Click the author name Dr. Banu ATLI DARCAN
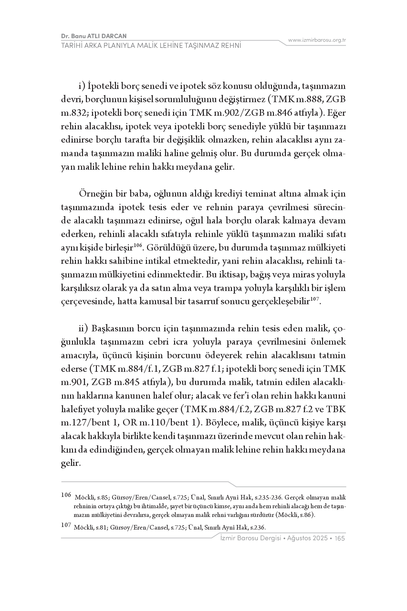coord(94,36)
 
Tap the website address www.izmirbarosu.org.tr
coord(317,40)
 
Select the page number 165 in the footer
coord(340,538)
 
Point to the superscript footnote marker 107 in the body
coord(315,300)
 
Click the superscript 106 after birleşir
coord(138,246)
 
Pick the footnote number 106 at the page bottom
coord(66,495)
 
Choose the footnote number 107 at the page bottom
coord(66,525)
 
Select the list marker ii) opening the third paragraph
coord(83,329)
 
